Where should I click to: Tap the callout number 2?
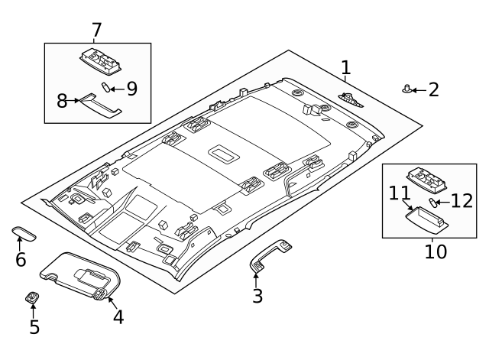(x=433, y=90)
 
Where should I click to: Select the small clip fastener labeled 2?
(x=406, y=89)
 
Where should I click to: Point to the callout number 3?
(x=257, y=296)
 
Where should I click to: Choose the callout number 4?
(x=118, y=316)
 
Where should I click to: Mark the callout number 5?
(x=34, y=327)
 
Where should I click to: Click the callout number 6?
(x=21, y=260)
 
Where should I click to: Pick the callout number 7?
(x=96, y=31)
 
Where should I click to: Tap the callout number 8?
(x=63, y=100)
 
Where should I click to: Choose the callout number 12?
(x=461, y=201)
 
